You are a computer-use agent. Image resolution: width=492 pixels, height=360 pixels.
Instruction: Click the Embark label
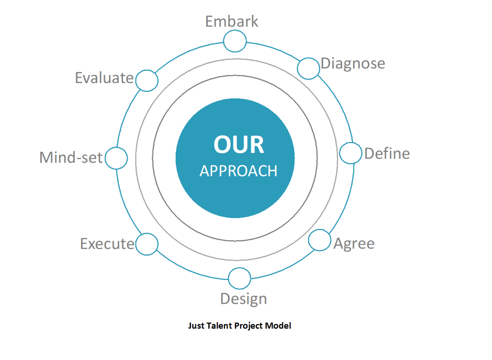click(x=231, y=22)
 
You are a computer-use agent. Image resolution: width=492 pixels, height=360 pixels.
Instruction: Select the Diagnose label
click(x=353, y=64)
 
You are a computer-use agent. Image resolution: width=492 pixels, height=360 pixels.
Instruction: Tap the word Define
click(x=387, y=153)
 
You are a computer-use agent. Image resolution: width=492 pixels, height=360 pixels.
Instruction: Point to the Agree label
click(x=354, y=244)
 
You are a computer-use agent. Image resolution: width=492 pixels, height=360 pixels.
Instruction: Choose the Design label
click(x=244, y=299)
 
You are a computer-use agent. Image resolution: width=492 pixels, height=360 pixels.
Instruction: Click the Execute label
click(x=107, y=244)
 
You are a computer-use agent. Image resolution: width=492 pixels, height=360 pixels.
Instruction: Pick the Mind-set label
click(x=71, y=157)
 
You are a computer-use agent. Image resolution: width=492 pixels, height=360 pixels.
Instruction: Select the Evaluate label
click(x=104, y=78)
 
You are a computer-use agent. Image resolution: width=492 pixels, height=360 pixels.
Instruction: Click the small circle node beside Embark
click(x=235, y=41)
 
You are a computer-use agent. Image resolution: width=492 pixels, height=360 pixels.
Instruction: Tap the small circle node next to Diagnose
click(x=309, y=68)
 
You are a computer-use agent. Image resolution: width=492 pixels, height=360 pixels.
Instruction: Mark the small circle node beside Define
click(x=351, y=153)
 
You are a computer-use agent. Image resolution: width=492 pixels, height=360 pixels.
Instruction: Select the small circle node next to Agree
click(x=319, y=240)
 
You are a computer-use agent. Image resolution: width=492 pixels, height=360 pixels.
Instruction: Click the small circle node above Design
click(x=239, y=278)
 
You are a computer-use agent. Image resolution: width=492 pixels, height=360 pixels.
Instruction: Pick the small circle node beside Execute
click(x=147, y=244)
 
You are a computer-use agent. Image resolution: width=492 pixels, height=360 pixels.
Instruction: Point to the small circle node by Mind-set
click(x=116, y=158)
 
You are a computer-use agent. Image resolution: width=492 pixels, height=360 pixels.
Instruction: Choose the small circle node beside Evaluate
click(x=147, y=81)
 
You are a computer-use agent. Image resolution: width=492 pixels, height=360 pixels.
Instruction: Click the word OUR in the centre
click(x=239, y=145)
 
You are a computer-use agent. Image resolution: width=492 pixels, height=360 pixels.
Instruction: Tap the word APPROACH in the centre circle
click(x=238, y=171)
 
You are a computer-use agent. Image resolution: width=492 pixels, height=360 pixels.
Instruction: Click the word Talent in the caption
click(x=219, y=326)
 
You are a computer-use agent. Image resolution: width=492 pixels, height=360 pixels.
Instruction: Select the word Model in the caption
click(x=278, y=326)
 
